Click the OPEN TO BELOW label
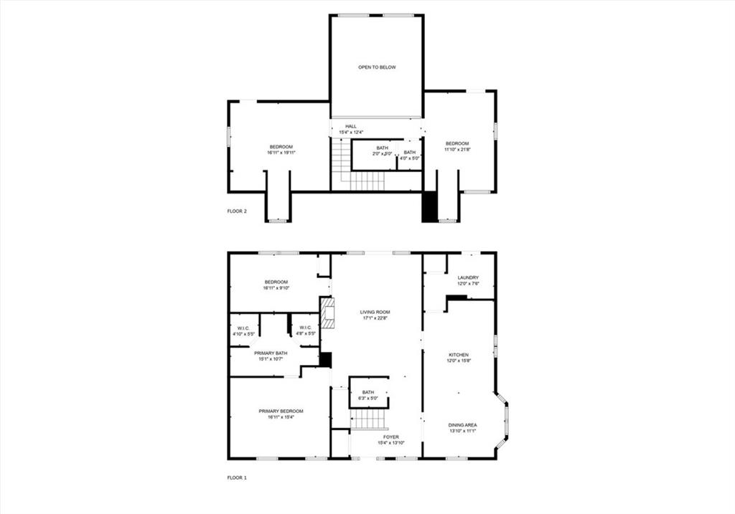tap(377, 67)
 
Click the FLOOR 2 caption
tap(237, 211)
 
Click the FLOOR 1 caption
tap(237, 477)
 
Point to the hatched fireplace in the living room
tap(327, 313)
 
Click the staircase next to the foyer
tap(369, 419)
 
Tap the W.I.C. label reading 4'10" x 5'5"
tap(243, 330)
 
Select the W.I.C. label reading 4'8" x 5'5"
tap(305, 330)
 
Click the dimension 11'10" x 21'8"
tap(457, 150)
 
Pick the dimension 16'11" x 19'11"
tap(281, 153)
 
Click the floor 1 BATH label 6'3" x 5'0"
tap(368, 395)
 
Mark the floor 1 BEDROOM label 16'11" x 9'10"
tap(276, 285)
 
